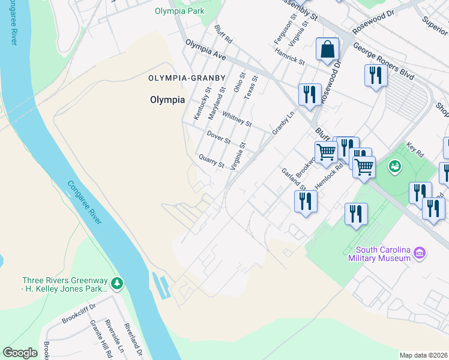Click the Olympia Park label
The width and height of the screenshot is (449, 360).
[x=179, y=11]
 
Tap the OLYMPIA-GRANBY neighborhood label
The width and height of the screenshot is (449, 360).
[x=187, y=78]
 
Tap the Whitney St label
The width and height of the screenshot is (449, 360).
[x=237, y=119]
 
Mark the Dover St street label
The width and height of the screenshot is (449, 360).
[x=218, y=137]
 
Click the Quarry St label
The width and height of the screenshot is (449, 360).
[x=211, y=161]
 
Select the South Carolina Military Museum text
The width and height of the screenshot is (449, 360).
[x=382, y=254]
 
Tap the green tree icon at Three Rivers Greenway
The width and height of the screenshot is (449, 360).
[x=118, y=282]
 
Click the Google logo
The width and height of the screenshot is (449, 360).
[x=20, y=353]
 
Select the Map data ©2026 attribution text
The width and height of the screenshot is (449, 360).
[x=423, y=355]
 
